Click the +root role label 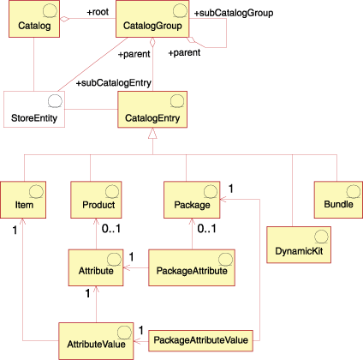pyautogui.click(x=97, y=13)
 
